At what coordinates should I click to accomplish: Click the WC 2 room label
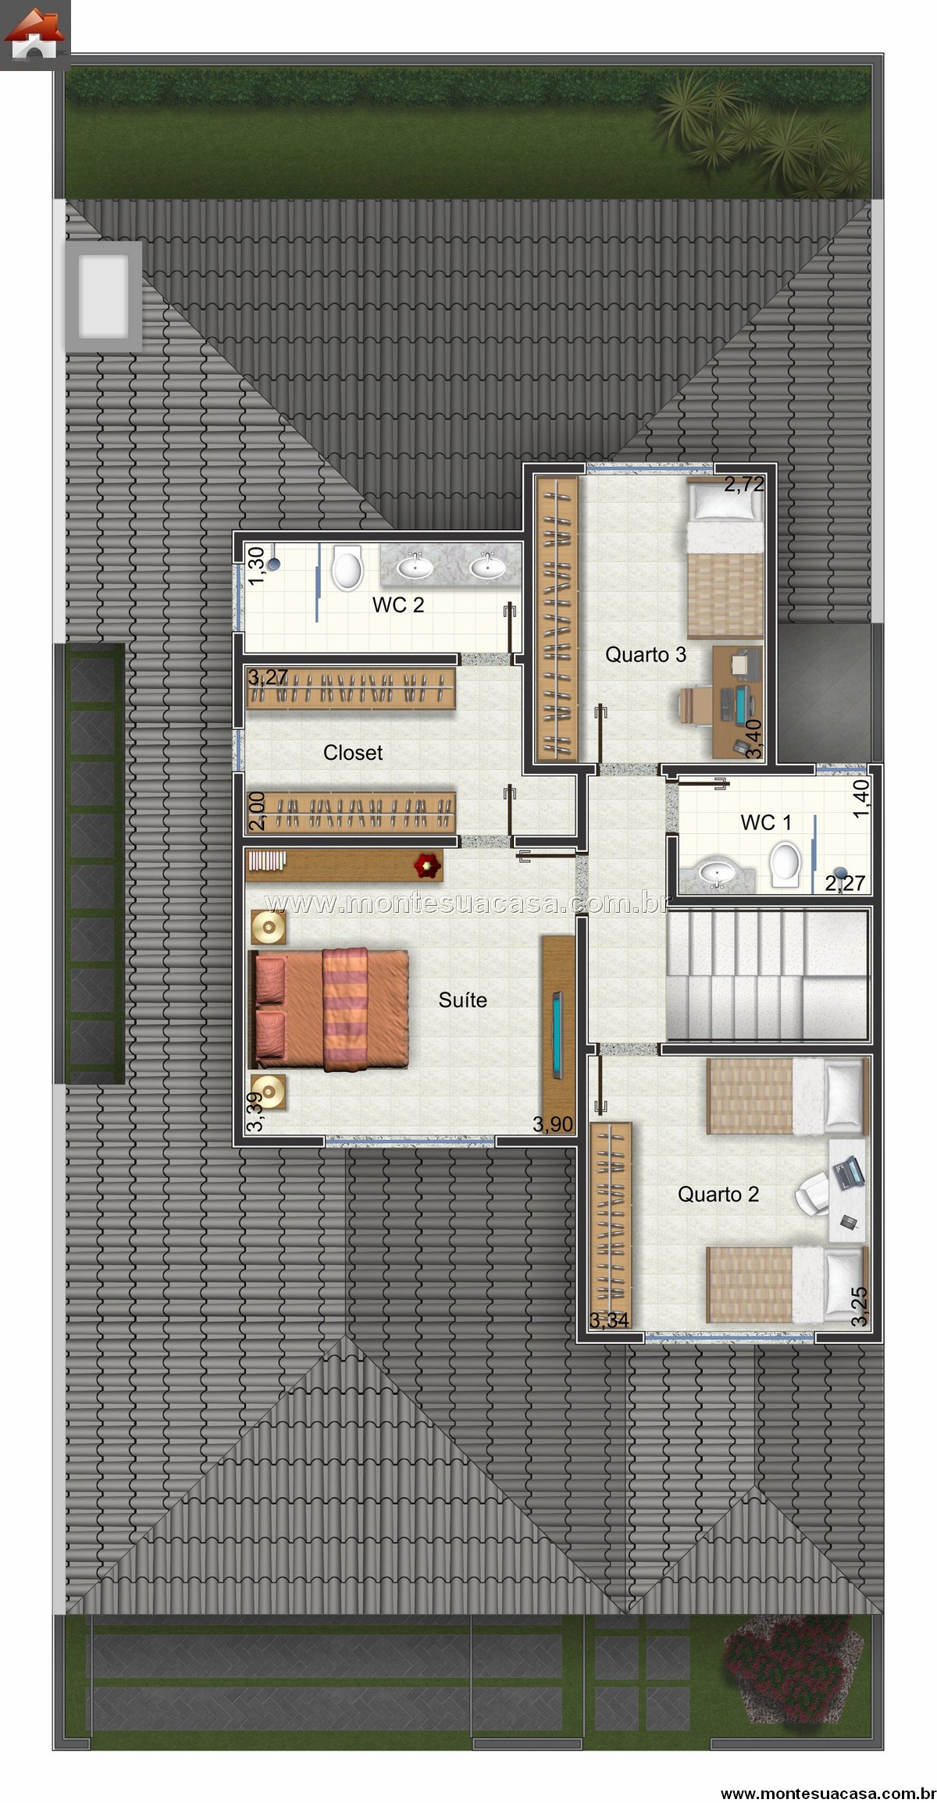pyautogui.click(x=398, y=605)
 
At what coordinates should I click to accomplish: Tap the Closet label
pyautogui.click(x=353, y=753)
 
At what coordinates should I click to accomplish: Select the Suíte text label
pyautogui.click(x=463, y=1000)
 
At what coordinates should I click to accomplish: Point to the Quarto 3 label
pyautogui.click(x=646, y=655)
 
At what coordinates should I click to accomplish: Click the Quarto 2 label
pyautogui.click(x=718, y=1195)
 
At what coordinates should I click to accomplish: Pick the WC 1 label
pyautogui.click(x=766, y=822)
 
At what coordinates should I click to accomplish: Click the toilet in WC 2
pyautogui.click(x=347, y=568)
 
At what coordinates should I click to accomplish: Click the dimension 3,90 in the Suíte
pyautogui.click(x=553, y=1124)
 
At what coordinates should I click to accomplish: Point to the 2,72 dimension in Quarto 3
pyautogui.click(x=744, y=484)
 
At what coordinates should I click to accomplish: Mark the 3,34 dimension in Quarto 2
pyautogui.click(x=609, y=1320)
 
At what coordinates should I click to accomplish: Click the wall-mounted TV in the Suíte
pyautogui.click(x=558, y=1033)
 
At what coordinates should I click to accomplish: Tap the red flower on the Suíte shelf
pyautogui.click(x=428, y=864)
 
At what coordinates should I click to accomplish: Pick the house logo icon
pyautogui.click(x=35, y=35)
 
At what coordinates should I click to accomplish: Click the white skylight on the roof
pyautogui.click(x=104, y=296)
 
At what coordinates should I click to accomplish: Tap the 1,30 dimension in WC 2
pyautogui.click(x=255, y=563)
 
